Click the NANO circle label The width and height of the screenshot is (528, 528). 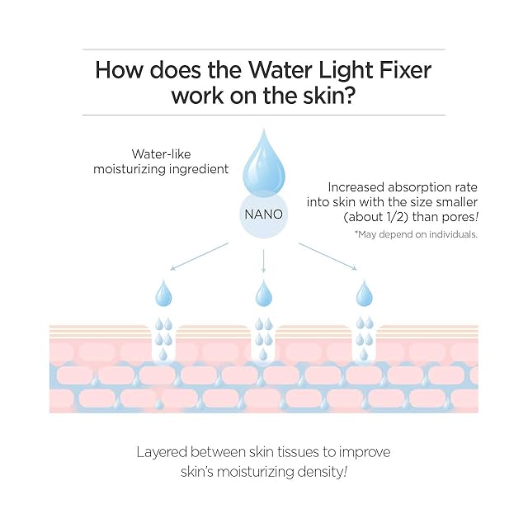pos(263,213)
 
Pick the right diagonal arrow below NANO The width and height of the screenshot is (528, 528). pos(328,256)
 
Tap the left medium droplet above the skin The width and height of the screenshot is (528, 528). pos(163,293)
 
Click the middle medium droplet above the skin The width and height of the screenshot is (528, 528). pos(263,293)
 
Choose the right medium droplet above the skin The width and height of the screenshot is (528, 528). pos(364,293)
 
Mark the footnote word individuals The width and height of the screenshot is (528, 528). pos(451,235)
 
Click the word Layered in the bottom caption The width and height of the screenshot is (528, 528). pos(162,453)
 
